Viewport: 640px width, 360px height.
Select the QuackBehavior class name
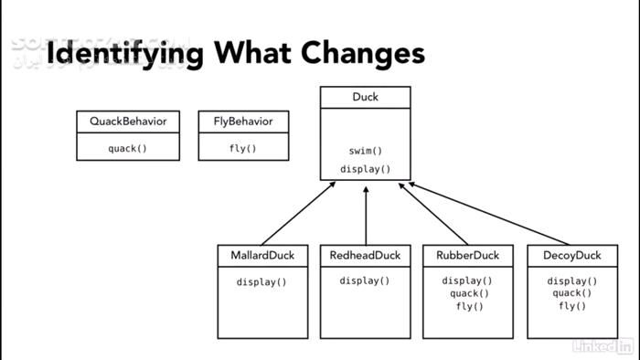coord(128,122)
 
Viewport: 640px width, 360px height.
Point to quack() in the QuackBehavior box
coord(128,148)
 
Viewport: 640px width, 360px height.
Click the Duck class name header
coord(365,97)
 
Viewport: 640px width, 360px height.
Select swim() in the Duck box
coord(365,151)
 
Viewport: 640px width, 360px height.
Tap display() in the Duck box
coord(365,169)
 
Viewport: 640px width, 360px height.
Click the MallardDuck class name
coord(261,256)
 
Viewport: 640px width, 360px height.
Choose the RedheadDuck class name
coord(365,256)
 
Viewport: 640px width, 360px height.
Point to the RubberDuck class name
coord(467,256)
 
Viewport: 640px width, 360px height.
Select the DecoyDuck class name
coord(571,256)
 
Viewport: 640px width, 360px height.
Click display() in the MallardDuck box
coord(261,281)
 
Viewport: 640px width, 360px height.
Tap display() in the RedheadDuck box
coord(365,281)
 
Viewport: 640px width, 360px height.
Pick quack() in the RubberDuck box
coord(467,293)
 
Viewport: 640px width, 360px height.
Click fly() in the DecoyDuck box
coord(571,306)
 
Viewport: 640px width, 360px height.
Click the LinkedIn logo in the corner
coord(603,345)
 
